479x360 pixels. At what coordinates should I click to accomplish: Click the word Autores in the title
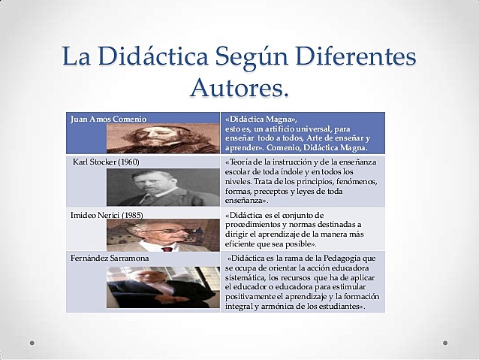click(236, 87)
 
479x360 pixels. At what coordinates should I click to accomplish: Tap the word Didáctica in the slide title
click(153, 56)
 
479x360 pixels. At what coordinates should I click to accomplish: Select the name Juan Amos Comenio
click(108, 119)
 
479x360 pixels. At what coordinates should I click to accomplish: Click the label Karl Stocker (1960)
click(106, 162)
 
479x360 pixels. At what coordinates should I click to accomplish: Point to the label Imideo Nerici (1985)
click(107, 215)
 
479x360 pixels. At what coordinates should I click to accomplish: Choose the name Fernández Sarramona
click(110, 258)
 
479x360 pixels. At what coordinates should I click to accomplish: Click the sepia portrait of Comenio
click(163, 138)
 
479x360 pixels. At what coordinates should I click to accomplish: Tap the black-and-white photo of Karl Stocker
click(163, 187)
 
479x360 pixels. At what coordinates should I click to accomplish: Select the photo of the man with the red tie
click(163, 235)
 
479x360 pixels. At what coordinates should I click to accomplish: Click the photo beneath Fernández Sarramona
click(163, 287)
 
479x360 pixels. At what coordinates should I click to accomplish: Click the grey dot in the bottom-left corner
click(32, 343)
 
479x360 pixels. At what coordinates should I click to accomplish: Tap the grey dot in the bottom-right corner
click(445, 343)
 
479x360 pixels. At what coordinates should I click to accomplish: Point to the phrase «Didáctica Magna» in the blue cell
click(261, 119)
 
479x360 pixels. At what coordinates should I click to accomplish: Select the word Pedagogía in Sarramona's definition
click(342, 259)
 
